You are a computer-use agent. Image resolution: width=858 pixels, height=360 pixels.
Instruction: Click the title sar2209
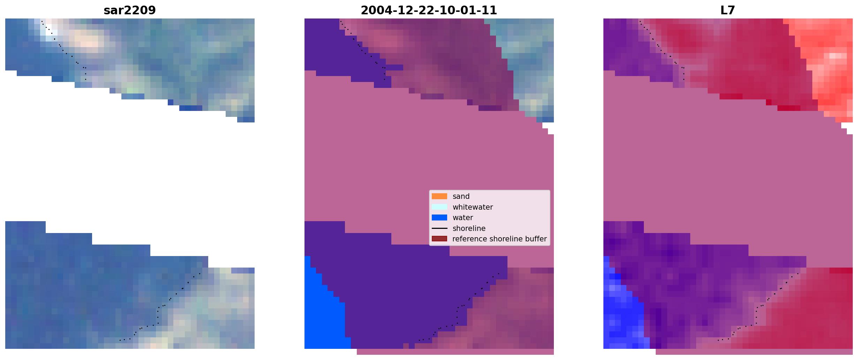(x=129, y=10)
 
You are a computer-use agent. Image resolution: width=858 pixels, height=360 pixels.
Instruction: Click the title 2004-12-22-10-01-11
(x=429, y=10)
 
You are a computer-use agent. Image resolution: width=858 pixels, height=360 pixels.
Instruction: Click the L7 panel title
(x=728, y=10)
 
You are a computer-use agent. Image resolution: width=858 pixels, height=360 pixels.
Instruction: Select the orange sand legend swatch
(x=439, y=196)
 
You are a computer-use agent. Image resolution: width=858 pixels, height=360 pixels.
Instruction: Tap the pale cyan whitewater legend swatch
(x=439, y=207)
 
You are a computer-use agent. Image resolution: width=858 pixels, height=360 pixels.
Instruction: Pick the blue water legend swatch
(x=439, y=218)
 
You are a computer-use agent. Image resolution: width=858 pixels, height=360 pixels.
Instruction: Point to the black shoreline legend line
(x=439, y=228)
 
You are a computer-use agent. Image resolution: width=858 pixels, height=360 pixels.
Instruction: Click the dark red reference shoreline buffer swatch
(x=439, y=239)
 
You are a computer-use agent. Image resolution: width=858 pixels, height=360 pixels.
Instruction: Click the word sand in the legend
(x=461, y=196)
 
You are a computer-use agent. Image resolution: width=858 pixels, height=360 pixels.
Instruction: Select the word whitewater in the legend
(x=473, y=207)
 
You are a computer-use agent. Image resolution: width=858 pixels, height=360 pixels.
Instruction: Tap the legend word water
(x=463, y=218)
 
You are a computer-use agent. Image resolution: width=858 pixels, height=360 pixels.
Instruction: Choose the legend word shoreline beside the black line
(x=469, y=228)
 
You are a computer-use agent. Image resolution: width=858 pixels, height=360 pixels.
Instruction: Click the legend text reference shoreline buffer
(x=499, y=239)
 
